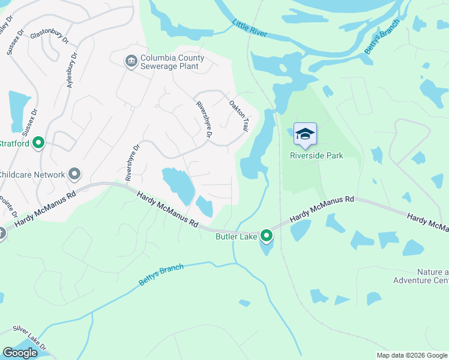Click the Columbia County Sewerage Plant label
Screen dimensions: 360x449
172,62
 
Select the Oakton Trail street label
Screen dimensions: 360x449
239,116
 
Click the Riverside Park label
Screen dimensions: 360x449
316,155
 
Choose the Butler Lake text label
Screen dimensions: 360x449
237,236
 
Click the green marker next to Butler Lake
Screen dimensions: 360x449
267,236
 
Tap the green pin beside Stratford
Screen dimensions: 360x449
38,143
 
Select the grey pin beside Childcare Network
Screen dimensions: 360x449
74,175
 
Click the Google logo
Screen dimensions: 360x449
20,353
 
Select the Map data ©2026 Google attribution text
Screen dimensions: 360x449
412,355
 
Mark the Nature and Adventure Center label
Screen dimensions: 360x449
421,276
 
